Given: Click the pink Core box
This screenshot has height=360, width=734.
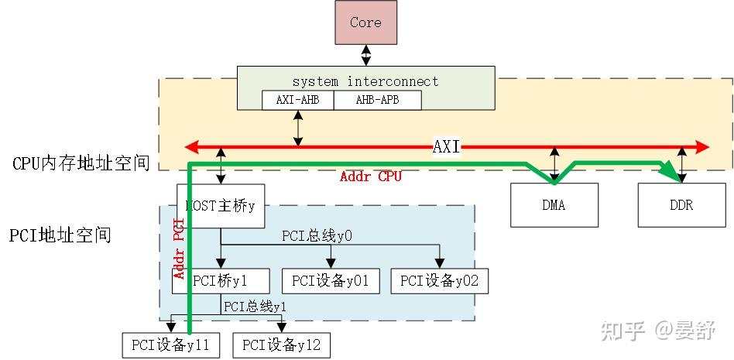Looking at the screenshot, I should [365, 22].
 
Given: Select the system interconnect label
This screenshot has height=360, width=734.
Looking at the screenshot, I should [365, 81].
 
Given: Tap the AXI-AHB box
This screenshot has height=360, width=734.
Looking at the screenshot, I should [297, 100].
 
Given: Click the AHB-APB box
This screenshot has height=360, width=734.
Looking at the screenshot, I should [377, 100].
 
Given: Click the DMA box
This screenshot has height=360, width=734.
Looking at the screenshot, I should [554, 205].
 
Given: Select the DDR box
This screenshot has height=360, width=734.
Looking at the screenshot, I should [681, 205].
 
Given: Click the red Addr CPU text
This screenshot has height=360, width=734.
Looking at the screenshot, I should [371, 177].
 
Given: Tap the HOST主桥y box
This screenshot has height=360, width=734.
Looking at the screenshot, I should [220, 206].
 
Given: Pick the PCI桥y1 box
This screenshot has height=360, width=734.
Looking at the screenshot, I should [221, 281].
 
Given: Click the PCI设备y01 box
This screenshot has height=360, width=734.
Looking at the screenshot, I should [331, 281].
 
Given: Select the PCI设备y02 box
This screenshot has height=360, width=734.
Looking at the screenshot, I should [440, 281].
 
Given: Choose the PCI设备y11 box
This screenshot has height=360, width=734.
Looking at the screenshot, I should [170, 345].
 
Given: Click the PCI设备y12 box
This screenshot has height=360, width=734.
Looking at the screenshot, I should [281, 345].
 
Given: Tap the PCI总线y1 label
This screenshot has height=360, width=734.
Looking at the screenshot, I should [255, 307].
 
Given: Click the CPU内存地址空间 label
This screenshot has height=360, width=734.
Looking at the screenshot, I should [81, 163].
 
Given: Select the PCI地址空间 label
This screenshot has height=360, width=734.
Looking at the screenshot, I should [60, 235].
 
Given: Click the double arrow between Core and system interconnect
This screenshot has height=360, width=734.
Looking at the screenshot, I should [365, 55].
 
